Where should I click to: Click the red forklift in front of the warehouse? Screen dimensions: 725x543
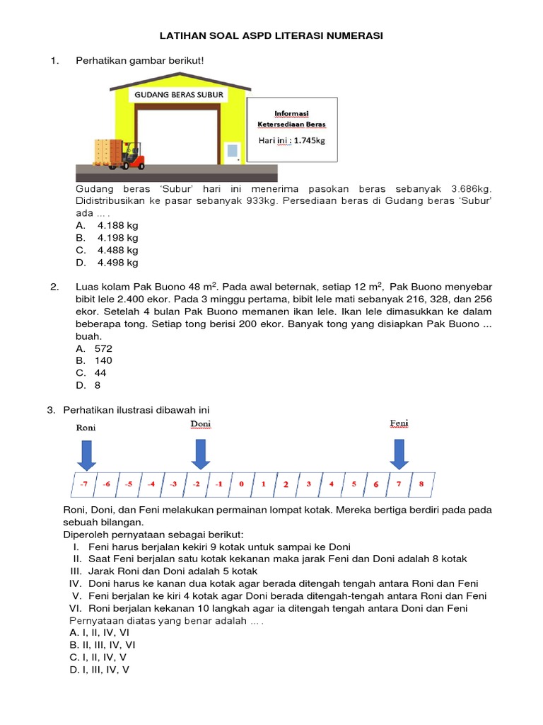132,156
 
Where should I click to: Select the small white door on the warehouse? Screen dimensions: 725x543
232,152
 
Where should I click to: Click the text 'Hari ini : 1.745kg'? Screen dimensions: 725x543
292,140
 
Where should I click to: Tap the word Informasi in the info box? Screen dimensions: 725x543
291,113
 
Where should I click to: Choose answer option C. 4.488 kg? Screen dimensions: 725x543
107,250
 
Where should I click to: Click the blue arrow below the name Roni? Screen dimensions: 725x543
86,455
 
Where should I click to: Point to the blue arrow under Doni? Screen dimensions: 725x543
200,454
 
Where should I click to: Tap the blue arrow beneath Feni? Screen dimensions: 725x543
399,454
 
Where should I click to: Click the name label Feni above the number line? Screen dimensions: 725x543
399,424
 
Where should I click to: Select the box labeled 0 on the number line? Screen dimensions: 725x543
241,485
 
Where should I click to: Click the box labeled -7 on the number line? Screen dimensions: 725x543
83,485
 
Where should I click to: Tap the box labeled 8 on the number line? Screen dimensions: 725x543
421,485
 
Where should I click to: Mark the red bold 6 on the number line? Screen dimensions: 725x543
375,485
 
